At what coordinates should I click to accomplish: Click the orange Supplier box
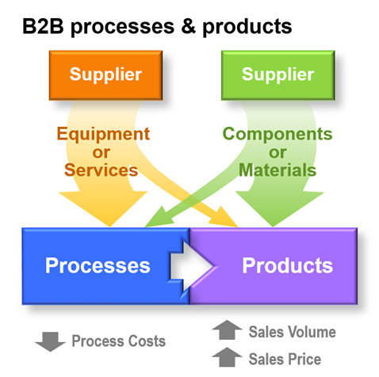click(x=105, y=75)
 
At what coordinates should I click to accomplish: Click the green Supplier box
click(x=278, y=75)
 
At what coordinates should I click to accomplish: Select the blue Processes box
click(x=97, y=265)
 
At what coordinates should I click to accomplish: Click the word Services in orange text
click(x=102, y=169)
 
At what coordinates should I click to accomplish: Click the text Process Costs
click(x=119, y=341)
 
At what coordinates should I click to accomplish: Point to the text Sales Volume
click(x=292, y=332)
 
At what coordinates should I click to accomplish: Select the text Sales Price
click(x=285, y=359)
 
